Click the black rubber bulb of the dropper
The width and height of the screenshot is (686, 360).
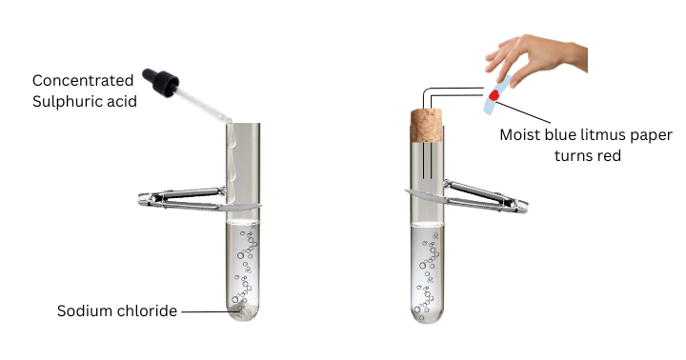[161, 81]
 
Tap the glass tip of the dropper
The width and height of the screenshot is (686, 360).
[228, 120]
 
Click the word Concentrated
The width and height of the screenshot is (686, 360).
[83, 81]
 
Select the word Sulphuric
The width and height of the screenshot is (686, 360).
[61, 102]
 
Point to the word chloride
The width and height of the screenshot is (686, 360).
[149, 311]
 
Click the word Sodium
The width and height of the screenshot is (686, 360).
[86, 311]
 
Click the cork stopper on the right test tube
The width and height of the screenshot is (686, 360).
[427, 126]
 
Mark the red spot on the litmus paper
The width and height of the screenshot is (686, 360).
[494, 95]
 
